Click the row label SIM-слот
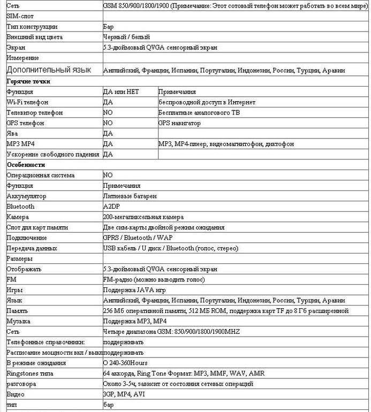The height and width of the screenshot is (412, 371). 20,16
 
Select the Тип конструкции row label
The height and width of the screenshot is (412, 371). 32,27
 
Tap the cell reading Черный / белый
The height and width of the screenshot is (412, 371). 126,37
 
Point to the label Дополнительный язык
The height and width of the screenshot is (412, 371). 49,70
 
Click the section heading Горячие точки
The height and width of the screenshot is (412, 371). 28,81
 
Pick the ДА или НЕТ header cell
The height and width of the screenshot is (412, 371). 121,91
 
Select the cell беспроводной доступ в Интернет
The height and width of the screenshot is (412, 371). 207,102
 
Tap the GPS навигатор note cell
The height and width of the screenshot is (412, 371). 179,123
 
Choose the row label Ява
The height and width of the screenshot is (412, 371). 13,133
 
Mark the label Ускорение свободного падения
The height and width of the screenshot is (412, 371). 53,155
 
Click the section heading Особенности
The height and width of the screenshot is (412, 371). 26,165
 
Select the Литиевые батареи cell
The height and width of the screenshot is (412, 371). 130,196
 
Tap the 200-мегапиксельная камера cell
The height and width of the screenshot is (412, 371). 143,217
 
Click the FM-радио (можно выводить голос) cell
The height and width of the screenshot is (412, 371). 154,279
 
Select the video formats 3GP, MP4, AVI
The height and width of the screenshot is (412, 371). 124,394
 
